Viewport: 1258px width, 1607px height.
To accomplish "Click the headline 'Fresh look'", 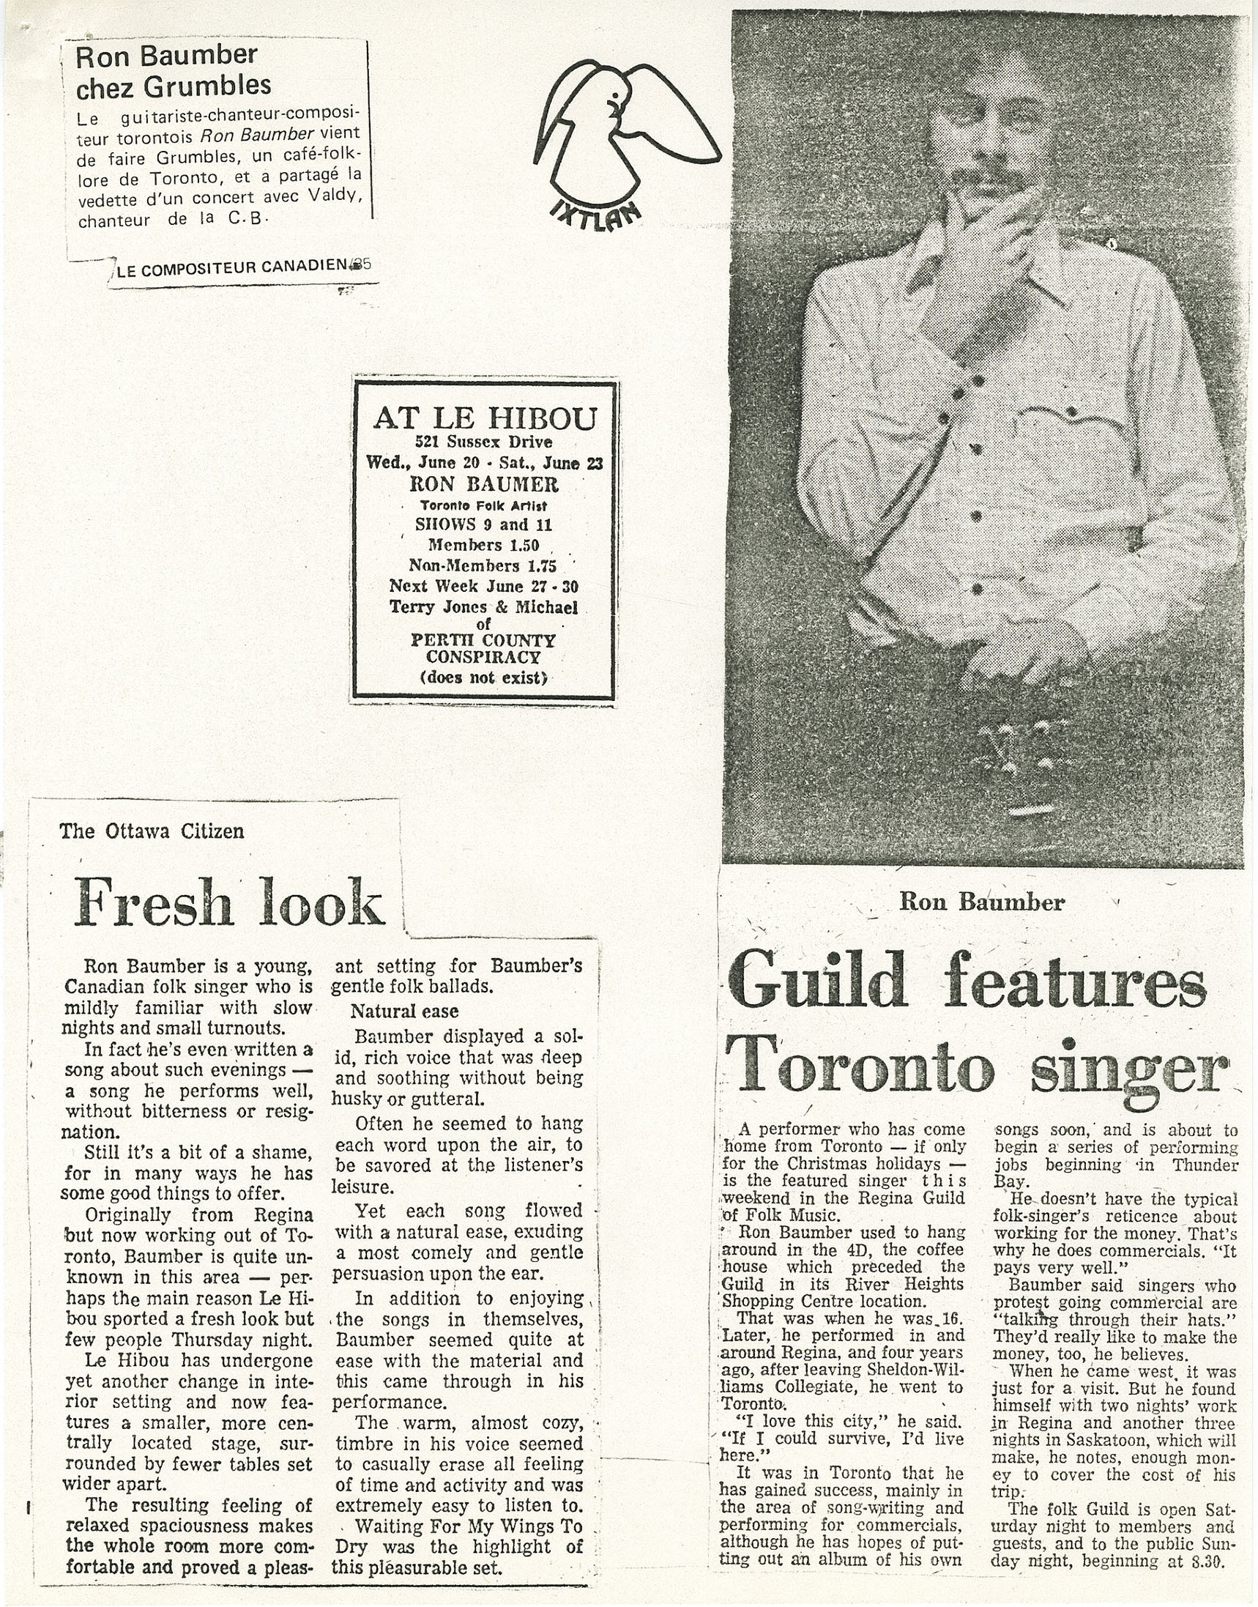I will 229,902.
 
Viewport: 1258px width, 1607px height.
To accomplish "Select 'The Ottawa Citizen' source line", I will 151,831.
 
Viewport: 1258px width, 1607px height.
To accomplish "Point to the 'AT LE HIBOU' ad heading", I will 484,417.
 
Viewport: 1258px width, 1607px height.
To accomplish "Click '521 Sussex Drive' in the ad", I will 483,442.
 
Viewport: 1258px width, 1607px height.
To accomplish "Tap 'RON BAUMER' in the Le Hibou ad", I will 484,484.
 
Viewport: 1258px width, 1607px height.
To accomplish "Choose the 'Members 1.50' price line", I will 484,545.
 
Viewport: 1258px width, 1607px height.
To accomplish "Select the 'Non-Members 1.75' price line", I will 483,566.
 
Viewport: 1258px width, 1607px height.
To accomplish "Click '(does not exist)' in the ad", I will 484,677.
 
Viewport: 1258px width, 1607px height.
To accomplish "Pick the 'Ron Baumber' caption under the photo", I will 982,902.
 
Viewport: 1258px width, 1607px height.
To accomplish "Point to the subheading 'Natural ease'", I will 404,1011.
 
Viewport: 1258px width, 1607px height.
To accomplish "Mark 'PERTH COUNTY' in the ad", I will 483,639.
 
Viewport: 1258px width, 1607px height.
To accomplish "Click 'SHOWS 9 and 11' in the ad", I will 483,524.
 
